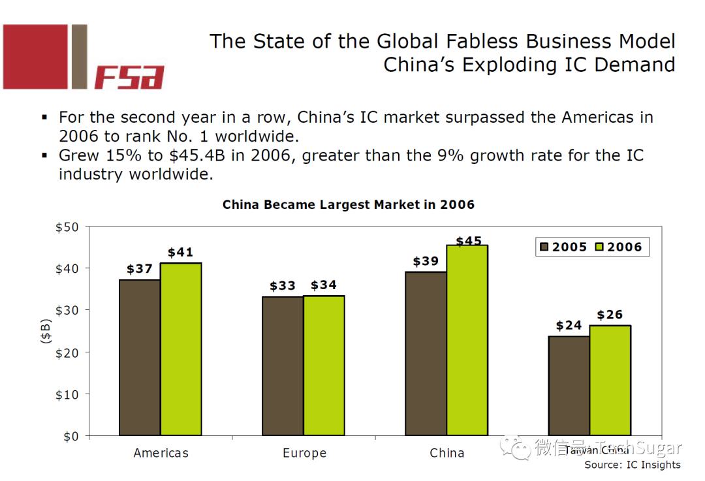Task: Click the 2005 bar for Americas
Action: coord(140,357)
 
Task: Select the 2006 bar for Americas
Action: coord(181,349)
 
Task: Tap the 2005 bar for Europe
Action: coord(283,365)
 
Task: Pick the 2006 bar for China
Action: coord(467,340)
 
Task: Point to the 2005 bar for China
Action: coord(426,353)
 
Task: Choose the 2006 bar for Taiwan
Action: coord(610,380)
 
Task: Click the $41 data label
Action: coord(180,253)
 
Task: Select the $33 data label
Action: coord(283,286)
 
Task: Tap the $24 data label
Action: coord(569,325)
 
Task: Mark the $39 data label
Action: coord(426,262)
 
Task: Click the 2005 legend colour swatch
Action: coord(544,247)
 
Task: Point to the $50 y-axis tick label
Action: coord(66,227)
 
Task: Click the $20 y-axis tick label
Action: coord(66,352)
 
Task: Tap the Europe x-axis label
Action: coord(304,453)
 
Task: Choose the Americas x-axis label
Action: coord(161,453)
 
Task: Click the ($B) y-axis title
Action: coord(45,332)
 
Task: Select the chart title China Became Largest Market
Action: coord(348,204)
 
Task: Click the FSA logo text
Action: coord(129,77)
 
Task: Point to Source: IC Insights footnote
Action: coord(632,465)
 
